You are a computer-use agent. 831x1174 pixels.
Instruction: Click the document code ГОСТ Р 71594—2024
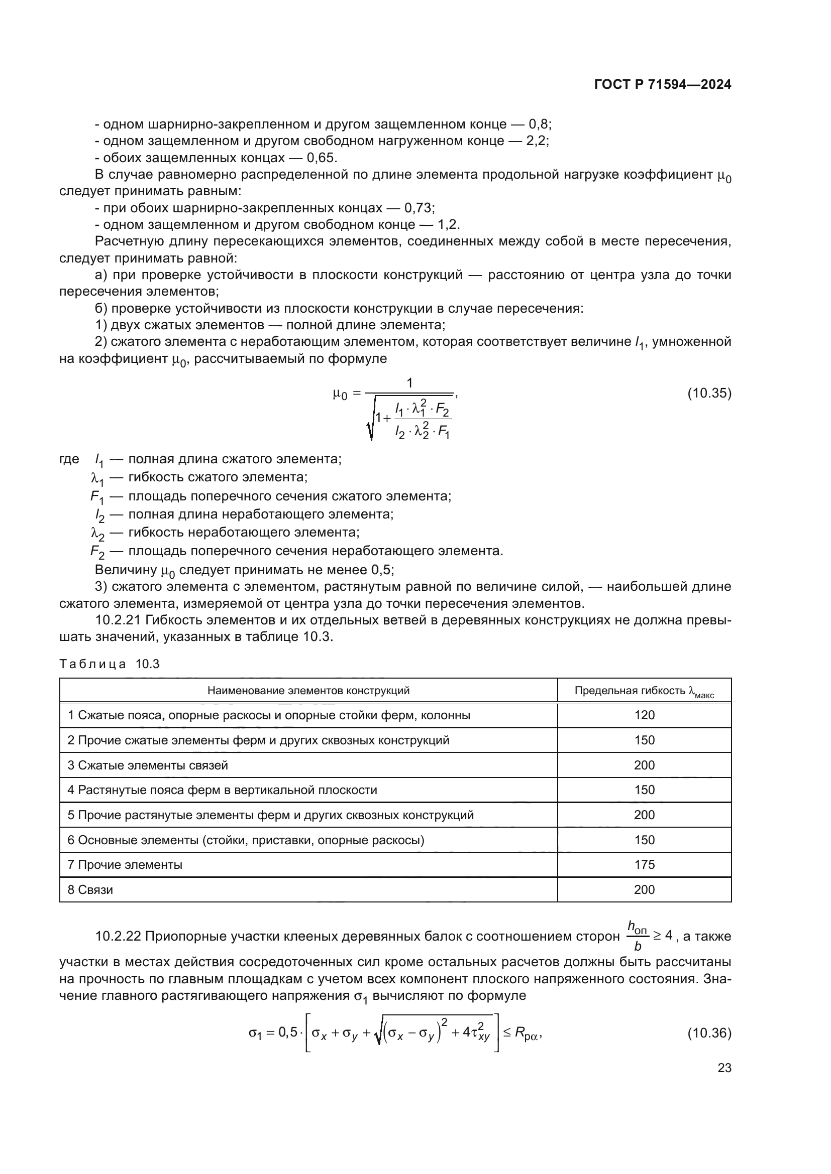click(x=663, y=85)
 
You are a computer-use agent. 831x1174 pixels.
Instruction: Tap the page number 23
click(x=724, y=1068)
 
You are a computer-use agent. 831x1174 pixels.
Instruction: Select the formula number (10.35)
click(x=709, y=393)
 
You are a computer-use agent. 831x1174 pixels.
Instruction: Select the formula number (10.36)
click(x=709, y=1033)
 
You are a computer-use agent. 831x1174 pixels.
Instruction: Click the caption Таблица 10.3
click(x=110, y=664)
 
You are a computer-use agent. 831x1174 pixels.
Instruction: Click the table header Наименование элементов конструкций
click(x=308, y=691)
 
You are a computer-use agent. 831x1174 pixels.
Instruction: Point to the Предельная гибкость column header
click(x=644, y=691)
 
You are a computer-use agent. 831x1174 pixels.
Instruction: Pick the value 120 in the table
click(x=644, y=715)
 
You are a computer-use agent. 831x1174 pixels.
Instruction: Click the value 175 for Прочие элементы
click(x=644, y=865)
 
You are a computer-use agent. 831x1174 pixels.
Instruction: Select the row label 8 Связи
click(x=90, y=890)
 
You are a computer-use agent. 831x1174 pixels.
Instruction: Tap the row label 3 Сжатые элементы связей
click(x=148, y=765)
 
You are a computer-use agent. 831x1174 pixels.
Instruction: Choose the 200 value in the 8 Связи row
click(x=644, y=890)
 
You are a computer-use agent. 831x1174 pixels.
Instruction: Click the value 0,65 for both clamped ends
click(x=322, y=158)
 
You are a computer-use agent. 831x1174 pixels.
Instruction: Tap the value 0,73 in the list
click(x=419, y=208)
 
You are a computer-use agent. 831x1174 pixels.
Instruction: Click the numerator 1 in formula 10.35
click(x=409, y=383)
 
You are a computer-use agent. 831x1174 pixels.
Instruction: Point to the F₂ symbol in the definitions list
click(x=97, y=552)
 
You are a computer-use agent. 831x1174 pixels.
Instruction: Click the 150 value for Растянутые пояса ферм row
click(x=644, y=790)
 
